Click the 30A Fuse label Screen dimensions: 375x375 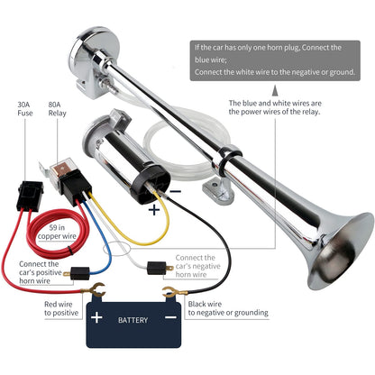pyautogui.click(x=25, y=109)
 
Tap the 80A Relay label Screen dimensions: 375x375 pyautogui.click(x=57, y=109)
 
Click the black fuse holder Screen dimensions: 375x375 pyautogui.click(x=30, y=196)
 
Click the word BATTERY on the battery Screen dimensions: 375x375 pyautogui.click(x=133, y=320)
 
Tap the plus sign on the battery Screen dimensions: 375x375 pyautogui.click(x=96, y=317)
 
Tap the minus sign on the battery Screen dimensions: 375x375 pyautogui.click(x=170, y=317)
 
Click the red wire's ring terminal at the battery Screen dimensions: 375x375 pyautogui.click(x=94, y=289)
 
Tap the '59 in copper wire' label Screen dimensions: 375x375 pyautogui.click(x=57, y=232)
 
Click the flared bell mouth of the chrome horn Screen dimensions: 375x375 pyautogui.click(x=341, y=251)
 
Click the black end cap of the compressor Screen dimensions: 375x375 pyautogui.click(x=151, y=183)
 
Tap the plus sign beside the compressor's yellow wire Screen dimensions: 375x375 pyautogui.click(x=154, y=209)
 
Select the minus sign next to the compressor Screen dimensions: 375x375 pyautogui.click(x=176, y=191)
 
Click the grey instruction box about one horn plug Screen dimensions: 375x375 pyautogui.click(x=275, y=60)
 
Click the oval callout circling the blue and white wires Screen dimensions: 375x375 pyautogui.click(x=117, y=248)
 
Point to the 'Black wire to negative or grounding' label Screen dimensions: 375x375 pyautogui.click(x=228, y=308)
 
